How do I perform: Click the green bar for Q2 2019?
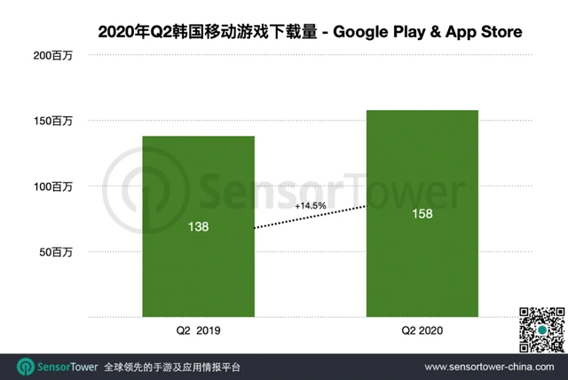pos(198,266)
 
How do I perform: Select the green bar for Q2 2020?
pos(422,266)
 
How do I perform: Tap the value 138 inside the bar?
pos(198,227)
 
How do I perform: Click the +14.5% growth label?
pos(311,206)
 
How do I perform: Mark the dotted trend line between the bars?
pos(309,218)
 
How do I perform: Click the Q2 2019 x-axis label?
pos(198,331)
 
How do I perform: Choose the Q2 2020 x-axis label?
pos(422,331)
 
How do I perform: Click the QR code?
pos(541,329)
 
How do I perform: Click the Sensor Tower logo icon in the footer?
pos(26,367)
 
